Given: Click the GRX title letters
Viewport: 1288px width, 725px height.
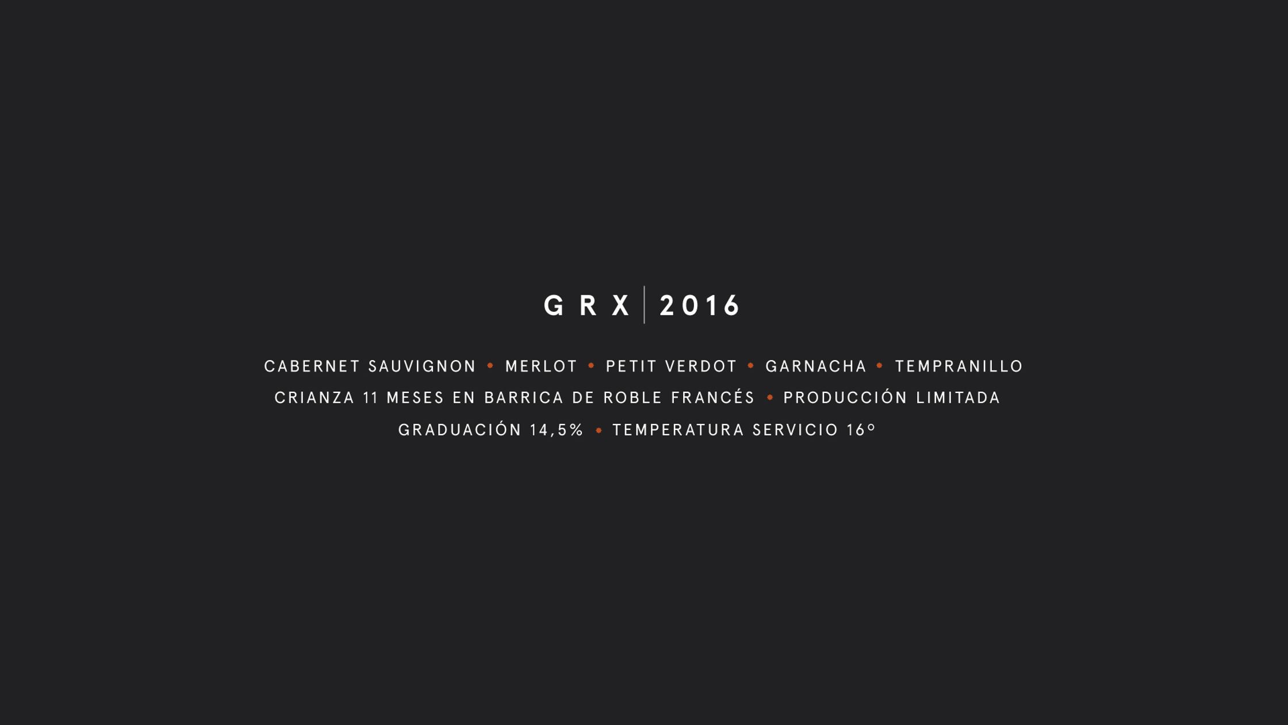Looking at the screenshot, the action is pos(586,306).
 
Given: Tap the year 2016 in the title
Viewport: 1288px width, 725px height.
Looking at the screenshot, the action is pos(699,306).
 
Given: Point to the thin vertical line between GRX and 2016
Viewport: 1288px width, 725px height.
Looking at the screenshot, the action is pos(644,304).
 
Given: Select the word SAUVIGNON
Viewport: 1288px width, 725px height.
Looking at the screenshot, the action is pos(423,367).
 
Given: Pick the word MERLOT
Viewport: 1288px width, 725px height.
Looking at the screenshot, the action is pos(541,367).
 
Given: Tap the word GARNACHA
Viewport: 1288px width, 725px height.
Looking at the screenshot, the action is pos(816,367).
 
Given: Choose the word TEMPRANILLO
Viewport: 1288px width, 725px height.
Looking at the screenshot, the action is pos(959,367).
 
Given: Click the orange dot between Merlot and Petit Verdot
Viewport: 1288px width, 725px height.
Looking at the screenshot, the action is pos(591,365).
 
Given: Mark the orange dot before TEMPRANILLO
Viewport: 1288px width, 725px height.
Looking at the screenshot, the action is pos(880,365).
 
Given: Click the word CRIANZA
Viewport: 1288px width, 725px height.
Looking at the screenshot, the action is pos(315,398).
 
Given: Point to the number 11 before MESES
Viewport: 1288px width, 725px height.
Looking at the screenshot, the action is pos(370,398).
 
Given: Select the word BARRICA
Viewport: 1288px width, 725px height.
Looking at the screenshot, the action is pos(520,398).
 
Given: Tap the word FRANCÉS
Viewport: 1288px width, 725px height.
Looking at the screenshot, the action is pos(713,397).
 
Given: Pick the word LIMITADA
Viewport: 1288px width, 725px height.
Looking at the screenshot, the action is pos(958,398).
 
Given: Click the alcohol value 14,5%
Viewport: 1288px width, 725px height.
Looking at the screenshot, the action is pos(557,430).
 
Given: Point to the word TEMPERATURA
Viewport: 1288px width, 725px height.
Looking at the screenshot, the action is pos(678,430).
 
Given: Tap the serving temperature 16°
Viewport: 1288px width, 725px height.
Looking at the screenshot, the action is pos(861,430).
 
